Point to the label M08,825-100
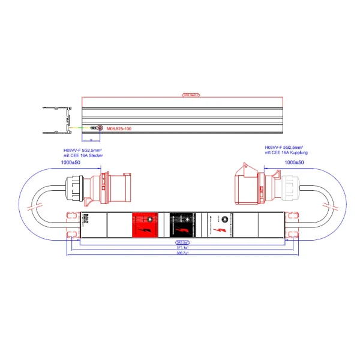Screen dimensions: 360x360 [119, 128]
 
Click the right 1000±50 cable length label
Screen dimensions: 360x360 [294, 163]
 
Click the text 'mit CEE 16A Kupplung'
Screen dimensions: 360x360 [284, 153]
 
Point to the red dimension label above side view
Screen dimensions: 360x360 [190, 94]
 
